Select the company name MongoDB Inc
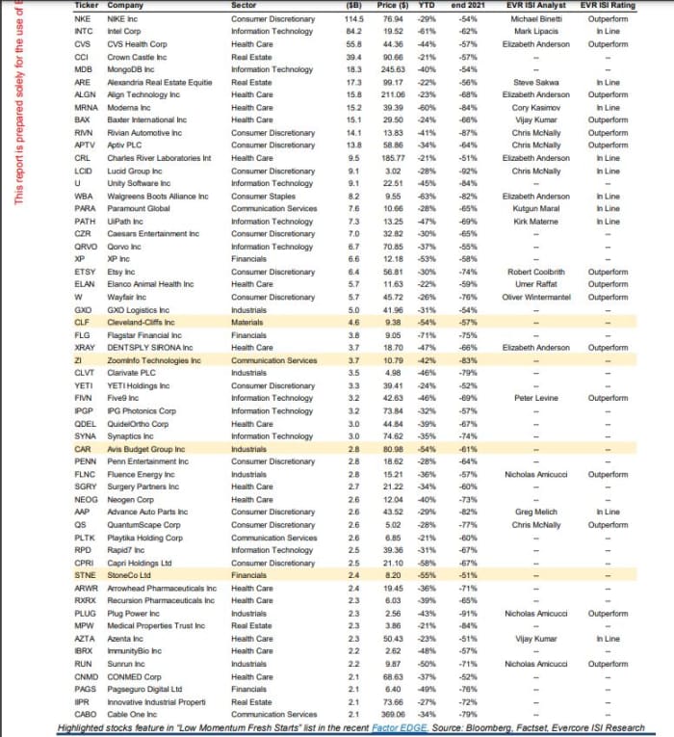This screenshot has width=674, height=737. [134, 69]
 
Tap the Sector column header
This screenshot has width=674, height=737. [245, 6]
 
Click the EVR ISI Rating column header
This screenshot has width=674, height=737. [609, 6]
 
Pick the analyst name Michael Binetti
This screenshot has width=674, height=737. [538, 18]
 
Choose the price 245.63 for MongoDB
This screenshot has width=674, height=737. [392, 69]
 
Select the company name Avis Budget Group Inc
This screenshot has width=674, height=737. [145, 449]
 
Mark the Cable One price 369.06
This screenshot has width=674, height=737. [391, 715]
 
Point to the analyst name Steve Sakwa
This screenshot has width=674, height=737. [538, 82]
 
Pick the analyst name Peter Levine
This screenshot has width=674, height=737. [538, 398]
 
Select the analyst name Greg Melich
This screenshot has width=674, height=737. [538, 512]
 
